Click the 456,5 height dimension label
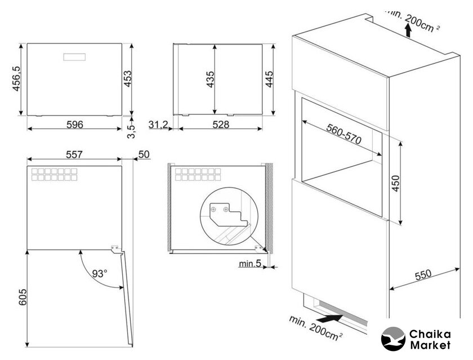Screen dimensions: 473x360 16,78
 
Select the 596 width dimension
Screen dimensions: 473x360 74,125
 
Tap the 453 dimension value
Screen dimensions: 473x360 128,79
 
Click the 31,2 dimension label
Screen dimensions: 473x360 159,125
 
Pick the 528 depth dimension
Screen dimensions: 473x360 221,125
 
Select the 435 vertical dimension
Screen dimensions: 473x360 210,79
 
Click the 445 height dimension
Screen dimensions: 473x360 269,79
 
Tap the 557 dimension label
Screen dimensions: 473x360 74,154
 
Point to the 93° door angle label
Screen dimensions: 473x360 100,273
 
